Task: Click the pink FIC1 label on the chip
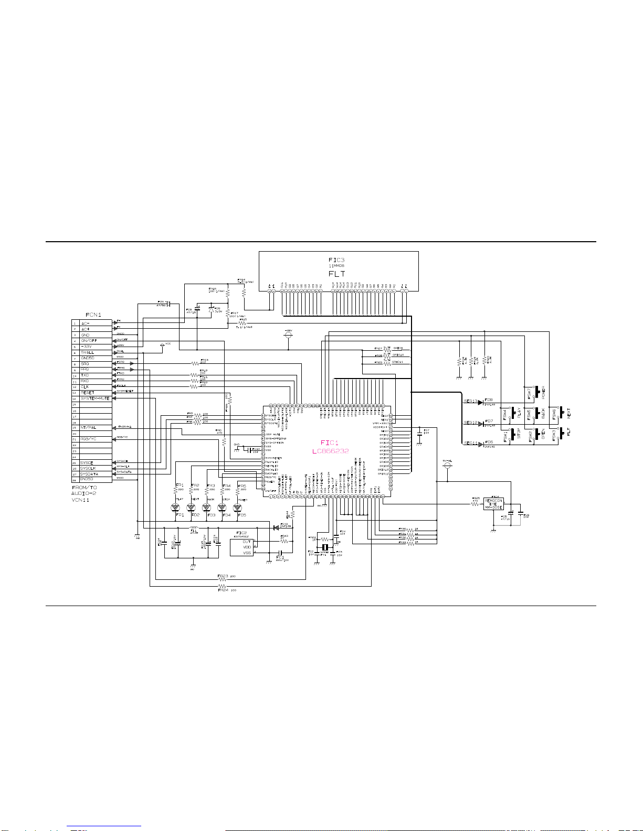(330, 444)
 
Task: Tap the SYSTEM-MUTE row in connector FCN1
(95, 398)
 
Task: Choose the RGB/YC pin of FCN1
(88, 439)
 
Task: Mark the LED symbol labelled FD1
(175, 508)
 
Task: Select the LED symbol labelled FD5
(237, 508)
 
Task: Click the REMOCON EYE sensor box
(493, 504)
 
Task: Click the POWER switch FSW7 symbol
(536, 392)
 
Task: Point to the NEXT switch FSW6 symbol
(561, 412)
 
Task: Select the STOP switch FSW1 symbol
(512, 436)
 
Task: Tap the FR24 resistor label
(223, 590)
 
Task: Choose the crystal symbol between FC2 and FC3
(325, 548)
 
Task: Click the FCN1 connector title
(93, 315)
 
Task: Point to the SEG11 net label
(470, 444)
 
